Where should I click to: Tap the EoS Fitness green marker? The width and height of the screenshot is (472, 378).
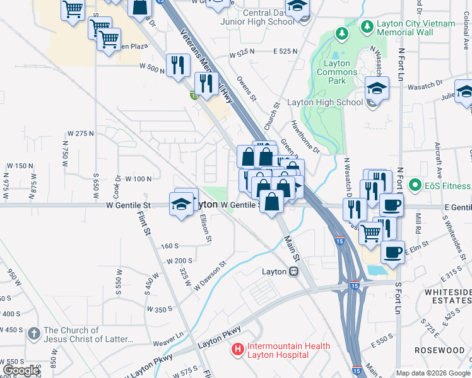tap(415, 185)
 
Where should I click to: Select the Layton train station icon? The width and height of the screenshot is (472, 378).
tap(294, 272)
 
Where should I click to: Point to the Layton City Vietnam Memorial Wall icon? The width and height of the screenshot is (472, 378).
tap(366, 27)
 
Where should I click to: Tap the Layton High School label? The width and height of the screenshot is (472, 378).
tap(324, 102)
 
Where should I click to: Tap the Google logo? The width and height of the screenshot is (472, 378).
tap(21, 370)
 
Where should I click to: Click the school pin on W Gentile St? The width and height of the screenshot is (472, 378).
tap(180, 204)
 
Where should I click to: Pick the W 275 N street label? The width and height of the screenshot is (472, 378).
tap(80, 134)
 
